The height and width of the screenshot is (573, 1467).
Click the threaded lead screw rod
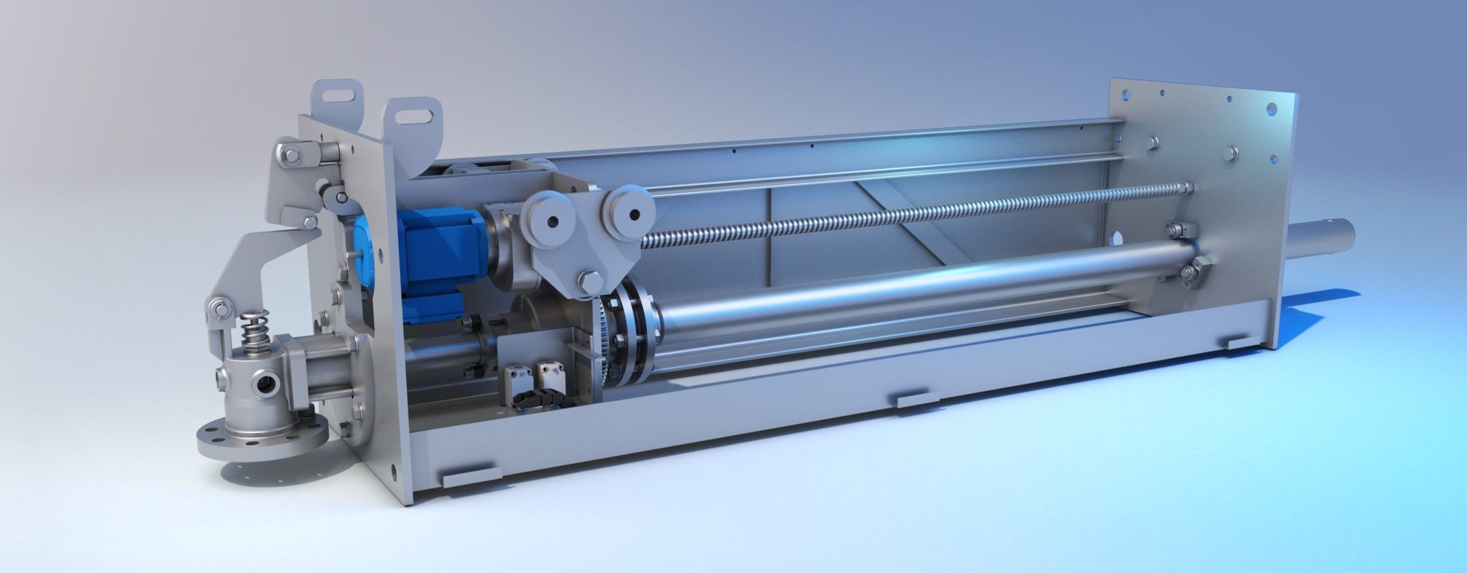(910, 215)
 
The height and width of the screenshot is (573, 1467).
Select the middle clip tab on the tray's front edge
(917, 400)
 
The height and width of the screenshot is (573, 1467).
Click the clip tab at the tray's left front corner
(472, 477)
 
